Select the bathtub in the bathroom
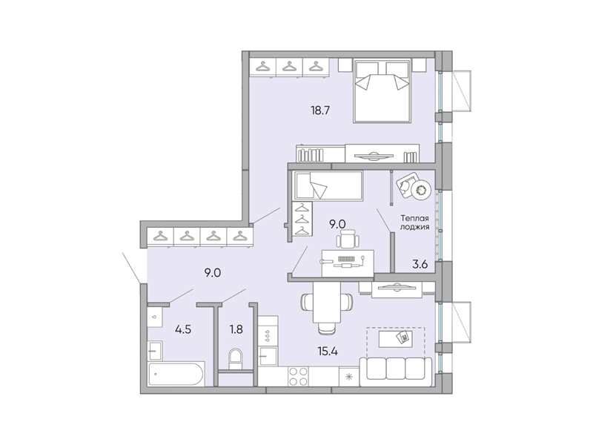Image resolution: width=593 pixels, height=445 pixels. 176,375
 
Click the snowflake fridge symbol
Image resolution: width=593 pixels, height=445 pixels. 349,376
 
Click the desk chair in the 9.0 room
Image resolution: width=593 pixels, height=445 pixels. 347,240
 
